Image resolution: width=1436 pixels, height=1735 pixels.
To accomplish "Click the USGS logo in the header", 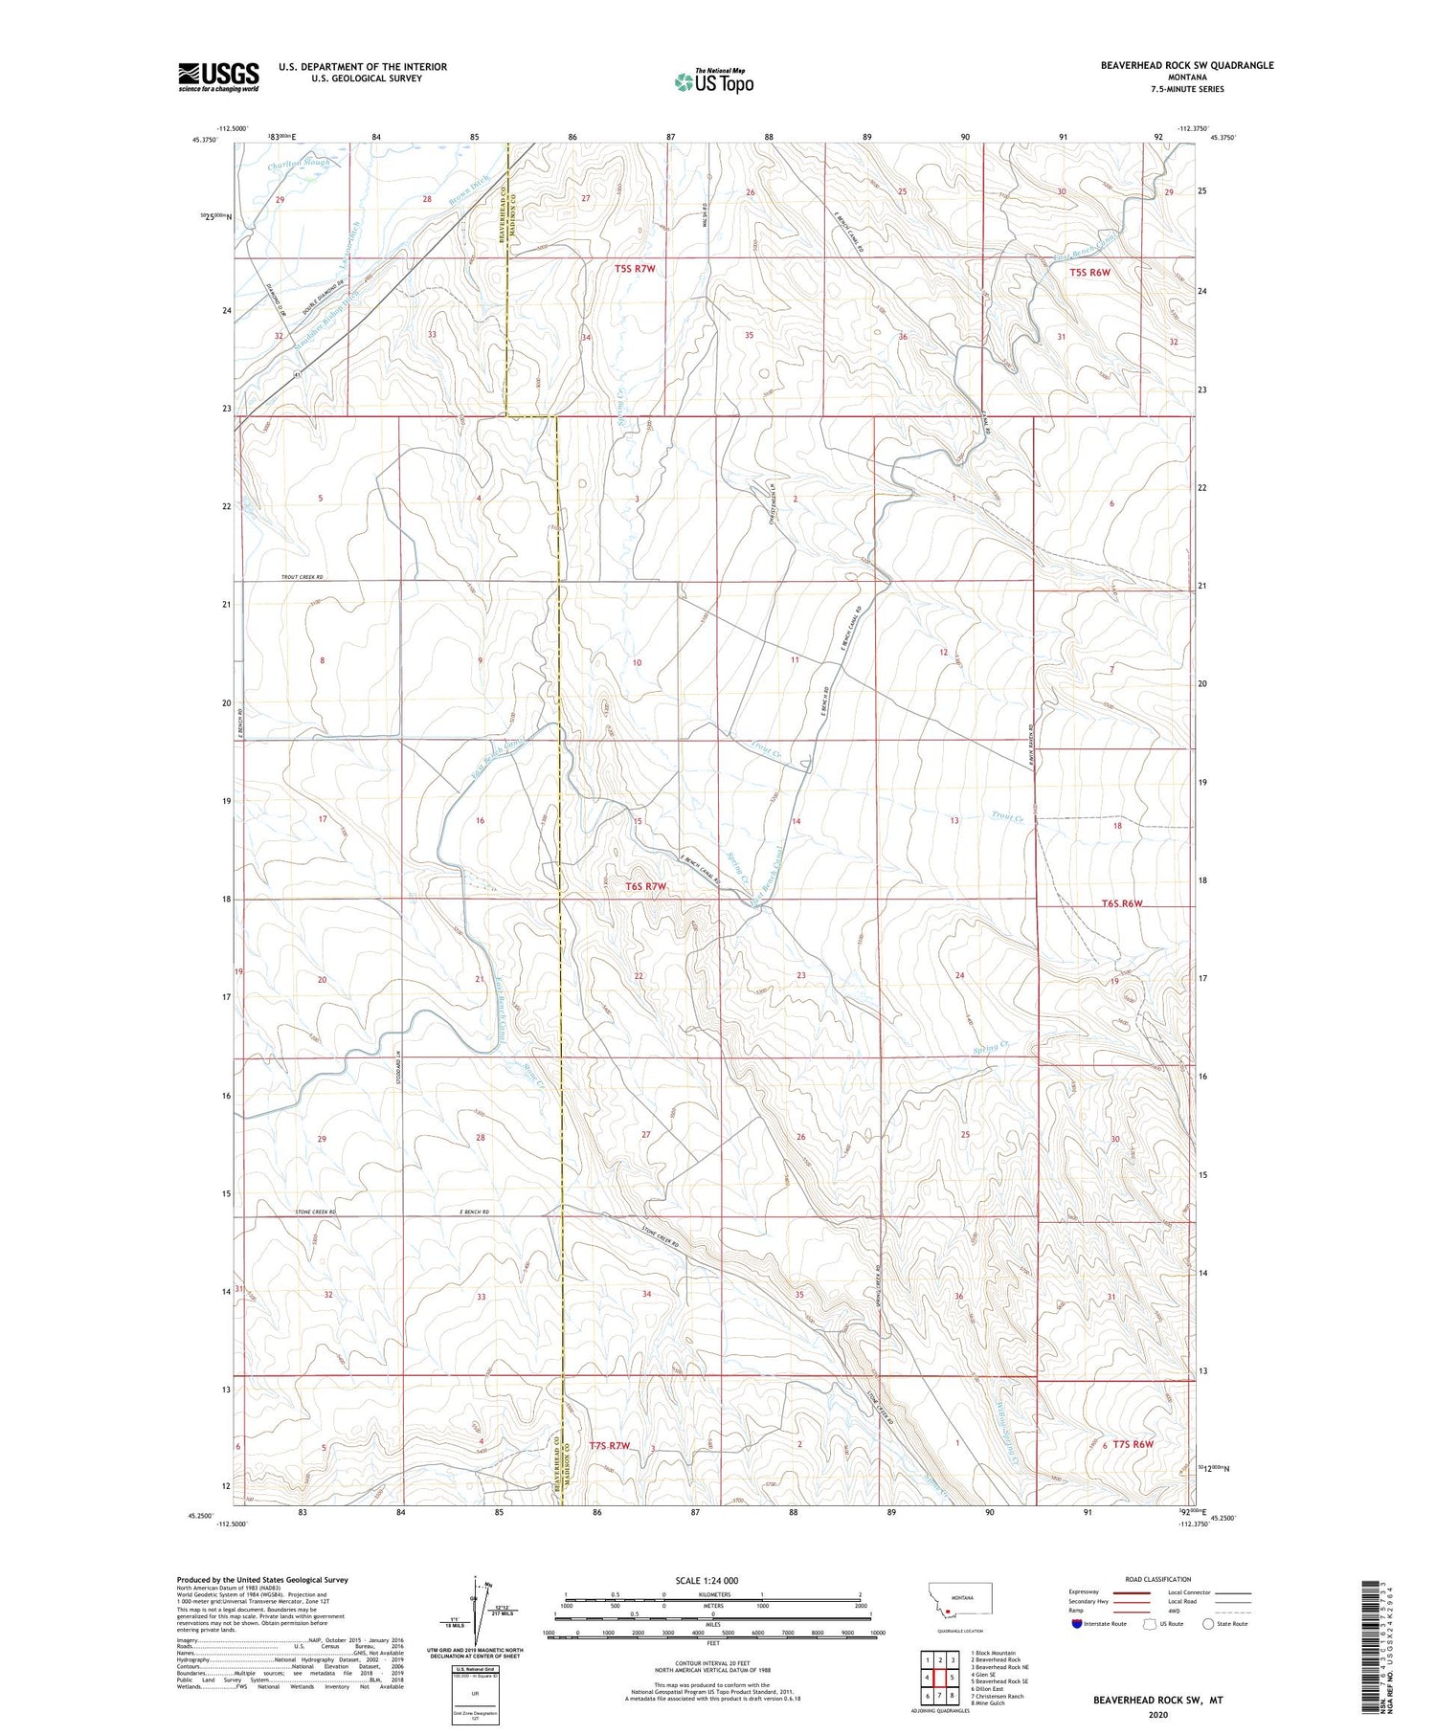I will click(218, 77).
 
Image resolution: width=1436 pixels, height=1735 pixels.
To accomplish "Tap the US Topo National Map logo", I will click(714, 80).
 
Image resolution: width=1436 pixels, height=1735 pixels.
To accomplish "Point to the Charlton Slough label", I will click(299, 163).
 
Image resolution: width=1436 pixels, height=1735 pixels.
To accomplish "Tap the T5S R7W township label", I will click(635, 269).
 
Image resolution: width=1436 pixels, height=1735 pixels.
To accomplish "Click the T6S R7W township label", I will click(645, 886).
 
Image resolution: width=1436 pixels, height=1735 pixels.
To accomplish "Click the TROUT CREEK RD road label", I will click(303, 577).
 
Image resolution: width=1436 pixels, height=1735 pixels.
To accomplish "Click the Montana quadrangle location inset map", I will click(958, 1605).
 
